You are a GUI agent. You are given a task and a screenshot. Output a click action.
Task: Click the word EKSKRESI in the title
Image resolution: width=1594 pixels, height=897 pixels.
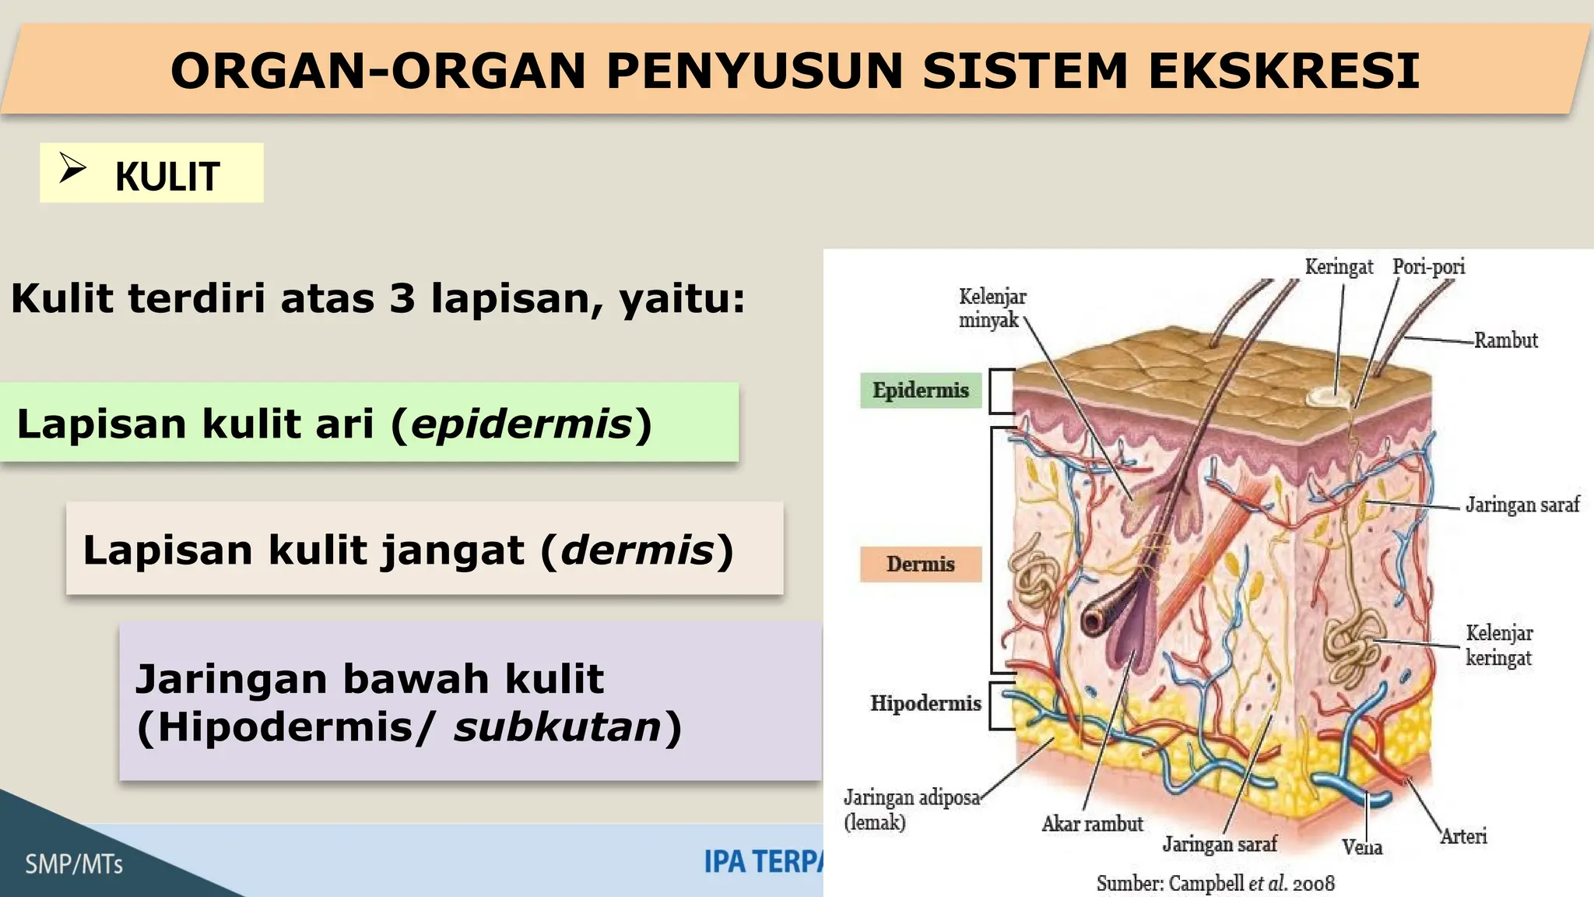(x=1283, y=71)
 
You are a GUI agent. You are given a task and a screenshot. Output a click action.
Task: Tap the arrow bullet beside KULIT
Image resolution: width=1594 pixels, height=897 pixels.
(x=72, y=167)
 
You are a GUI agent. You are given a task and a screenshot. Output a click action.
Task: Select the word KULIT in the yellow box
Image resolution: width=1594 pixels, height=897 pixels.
(x=167, y=177)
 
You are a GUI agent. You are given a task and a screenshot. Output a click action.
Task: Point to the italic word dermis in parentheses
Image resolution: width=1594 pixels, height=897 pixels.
(x=637, y=551)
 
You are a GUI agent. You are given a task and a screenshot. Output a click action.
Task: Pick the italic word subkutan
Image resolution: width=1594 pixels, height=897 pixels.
(x=557, y=727)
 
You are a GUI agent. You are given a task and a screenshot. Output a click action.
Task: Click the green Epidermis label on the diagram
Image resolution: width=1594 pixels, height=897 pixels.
(x=921, y=390)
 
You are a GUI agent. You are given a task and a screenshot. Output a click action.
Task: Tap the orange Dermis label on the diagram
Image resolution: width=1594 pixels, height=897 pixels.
(x=920, y=565)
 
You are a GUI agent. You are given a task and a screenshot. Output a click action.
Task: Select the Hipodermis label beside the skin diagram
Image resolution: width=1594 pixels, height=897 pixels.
(x=925, y=704)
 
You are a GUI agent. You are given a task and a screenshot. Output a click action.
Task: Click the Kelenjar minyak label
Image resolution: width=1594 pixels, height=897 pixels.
(x=992, y=308)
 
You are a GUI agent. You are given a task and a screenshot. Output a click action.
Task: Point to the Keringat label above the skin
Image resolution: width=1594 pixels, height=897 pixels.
(x=1339, y=267)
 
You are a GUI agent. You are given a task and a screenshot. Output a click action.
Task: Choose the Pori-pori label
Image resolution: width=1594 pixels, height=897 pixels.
(x=1428, y=267)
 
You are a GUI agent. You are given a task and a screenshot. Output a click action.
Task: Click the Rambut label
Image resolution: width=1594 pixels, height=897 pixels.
(x=1505, y=340)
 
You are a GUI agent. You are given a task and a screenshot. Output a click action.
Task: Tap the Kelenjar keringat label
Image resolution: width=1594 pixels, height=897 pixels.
(x=1499, y=645)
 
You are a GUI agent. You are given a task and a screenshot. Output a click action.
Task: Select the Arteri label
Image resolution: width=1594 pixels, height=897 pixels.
(x=1463, y=837)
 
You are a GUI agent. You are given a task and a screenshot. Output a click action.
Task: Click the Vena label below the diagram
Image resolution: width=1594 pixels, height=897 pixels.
(x=1361, y=847)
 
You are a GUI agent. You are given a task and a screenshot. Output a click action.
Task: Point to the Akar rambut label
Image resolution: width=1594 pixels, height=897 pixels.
(x=1092, y=824)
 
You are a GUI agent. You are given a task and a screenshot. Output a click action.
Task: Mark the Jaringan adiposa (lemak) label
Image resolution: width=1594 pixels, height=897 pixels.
(x=911, y=810)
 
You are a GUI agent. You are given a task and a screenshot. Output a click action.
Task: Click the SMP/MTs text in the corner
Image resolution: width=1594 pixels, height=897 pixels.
(x=74, y=864)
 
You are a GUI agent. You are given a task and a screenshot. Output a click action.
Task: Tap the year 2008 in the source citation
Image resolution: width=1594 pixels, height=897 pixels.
(x=1313, y=884)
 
